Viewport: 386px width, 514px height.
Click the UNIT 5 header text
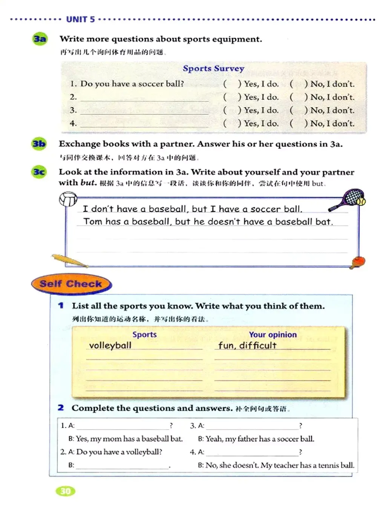[x=80, y=19]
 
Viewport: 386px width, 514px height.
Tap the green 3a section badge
[x=40, y=39]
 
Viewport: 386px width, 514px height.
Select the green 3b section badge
[x=39, y=144]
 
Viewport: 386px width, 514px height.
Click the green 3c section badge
[x=39, y=172]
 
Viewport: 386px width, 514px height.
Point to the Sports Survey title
[x=213, y=69]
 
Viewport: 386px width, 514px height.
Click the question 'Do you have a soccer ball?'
[x=132, y=84]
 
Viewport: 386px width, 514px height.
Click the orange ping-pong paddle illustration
[x=357, y=262]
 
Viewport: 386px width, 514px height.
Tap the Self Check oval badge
[x=71, y=284]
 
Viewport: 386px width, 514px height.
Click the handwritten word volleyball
[x=110, y=345]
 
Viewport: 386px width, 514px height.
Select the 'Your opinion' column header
[x=273, y=335]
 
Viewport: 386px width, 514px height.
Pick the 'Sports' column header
[x=144, y=335]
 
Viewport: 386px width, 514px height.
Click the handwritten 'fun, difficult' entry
[x=247, y=345]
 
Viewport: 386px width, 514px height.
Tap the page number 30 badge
[x=66, y=491]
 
